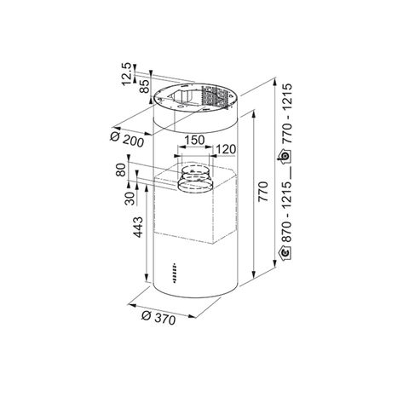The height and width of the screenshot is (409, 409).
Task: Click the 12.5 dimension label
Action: coord(127,74)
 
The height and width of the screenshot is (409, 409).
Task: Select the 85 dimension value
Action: coord(145,87)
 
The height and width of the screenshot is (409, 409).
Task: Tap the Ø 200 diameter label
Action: coord(127,140)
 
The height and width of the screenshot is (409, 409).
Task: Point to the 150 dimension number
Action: coord(194,141)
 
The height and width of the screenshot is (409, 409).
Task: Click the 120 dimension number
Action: coord(226,149)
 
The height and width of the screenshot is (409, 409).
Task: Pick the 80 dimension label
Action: coord(121,170)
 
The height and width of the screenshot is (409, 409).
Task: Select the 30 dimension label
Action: coord(130,199)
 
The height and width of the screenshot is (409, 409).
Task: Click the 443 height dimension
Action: coord(139,227)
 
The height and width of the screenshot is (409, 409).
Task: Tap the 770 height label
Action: coord(263,192)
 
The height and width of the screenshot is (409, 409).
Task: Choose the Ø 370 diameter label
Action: coord(158,318)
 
